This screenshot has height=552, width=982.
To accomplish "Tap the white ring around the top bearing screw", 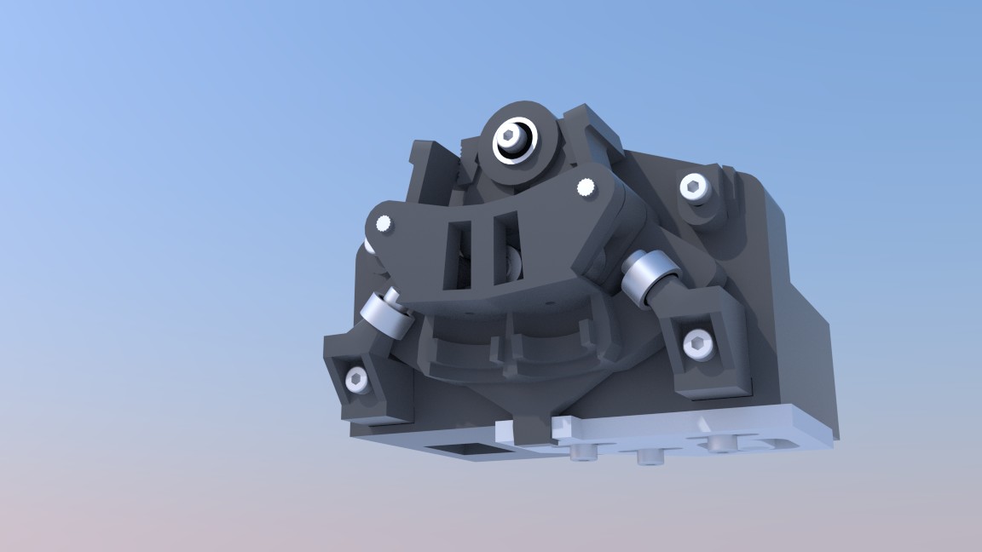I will pos(521,149).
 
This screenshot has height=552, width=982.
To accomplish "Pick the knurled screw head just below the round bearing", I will pos(586,187).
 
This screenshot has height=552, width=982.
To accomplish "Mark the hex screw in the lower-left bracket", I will pos(355,380).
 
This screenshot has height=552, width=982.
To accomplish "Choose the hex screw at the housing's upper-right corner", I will pos(695,187).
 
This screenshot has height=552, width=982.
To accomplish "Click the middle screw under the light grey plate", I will pos(650,457).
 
